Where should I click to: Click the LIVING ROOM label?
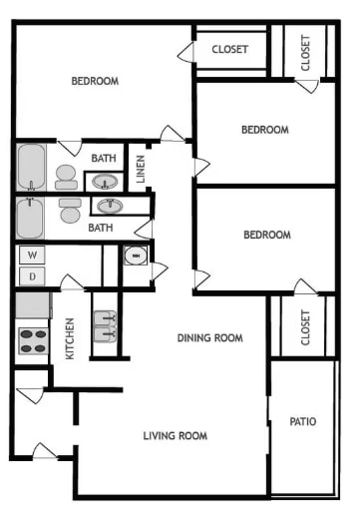coord(175,435)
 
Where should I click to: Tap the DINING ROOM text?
coord(209,337)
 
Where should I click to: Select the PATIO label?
coord(303,421)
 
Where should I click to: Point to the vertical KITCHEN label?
coord(70,337)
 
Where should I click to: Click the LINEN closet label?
coord(142,168)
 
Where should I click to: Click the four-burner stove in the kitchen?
coord(33,340)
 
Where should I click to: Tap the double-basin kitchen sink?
coord(106,326)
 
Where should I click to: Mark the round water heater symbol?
coord(136,256)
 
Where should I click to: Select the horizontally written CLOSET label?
coord(230,49)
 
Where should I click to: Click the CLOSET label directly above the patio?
coord(305,325)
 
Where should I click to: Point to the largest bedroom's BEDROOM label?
coord(95,81)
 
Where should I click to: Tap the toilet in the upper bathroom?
coord(66,177)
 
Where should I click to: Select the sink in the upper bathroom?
coord(106,181)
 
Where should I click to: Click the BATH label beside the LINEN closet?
coord(104,158)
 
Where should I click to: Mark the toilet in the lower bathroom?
coord(69,211)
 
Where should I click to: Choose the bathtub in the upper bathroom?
coord(30,168)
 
